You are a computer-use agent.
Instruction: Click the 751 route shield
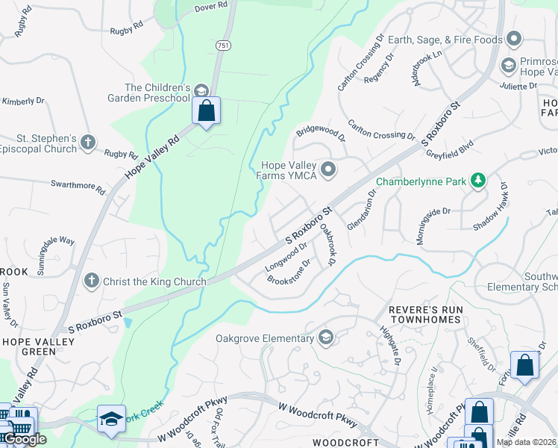(x=222, y=46)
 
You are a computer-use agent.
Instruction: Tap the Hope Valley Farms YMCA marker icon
(x=327, y=171)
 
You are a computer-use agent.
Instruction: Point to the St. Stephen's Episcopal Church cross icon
(x=88, y=142)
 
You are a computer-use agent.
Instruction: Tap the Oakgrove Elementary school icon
(x=325, y=338)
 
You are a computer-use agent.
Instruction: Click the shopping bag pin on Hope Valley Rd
(x=207, y=111)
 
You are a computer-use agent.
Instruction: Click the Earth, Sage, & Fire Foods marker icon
(x=512, y=38)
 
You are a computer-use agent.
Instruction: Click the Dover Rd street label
(x=211, y=6)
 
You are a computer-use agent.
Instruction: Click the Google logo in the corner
(x=25, y=439)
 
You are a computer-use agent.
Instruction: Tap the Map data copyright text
(x=527, y=442)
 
